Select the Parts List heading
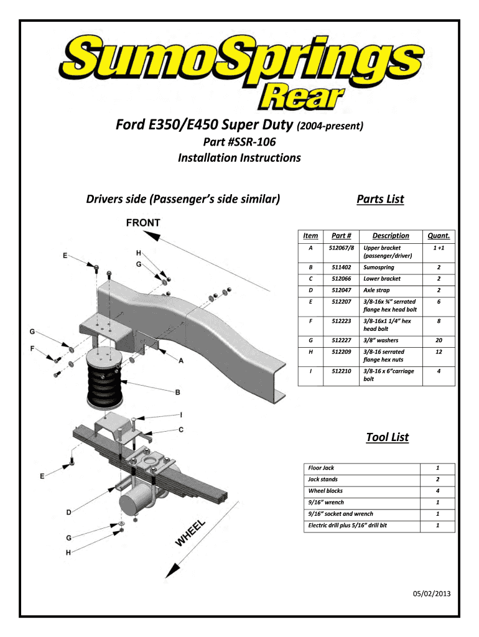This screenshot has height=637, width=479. click(379, 199)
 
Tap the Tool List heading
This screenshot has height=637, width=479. click(387, 437)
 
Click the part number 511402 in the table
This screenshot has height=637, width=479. click(341, 267)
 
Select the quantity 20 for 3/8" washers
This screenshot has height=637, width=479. click(438, 340)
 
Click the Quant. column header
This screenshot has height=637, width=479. click(438, 236)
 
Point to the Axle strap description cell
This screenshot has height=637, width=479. click(377, 291)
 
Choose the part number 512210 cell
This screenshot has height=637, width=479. click(341, 371)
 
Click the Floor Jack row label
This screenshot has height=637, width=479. click(321, 467)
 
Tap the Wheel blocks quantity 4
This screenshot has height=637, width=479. click(438, 491)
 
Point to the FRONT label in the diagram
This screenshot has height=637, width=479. click(143, 223)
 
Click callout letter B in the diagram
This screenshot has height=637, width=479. click(178, 393)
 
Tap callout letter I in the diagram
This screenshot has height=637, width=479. click(181, 414)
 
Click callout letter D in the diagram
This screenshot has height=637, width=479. click(70, 511)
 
